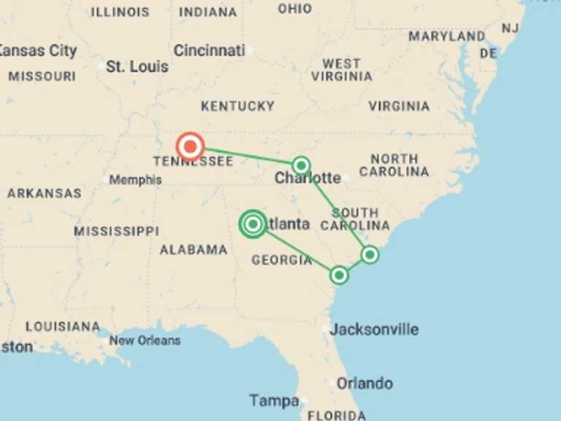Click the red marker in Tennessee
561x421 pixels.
[190, 147]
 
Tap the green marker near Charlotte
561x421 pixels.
[301, 165]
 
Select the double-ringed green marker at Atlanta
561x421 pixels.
[253, 224]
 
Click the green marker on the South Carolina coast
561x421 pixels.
[370, 254]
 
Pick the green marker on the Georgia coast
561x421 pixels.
[339, 275]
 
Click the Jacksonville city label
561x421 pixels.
[374, 329]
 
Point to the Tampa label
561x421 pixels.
[274, 401]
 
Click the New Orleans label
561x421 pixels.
[145, 341]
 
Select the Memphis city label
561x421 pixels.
[135, 180]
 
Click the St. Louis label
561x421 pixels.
[137, 67]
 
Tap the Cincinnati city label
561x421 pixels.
[209, 51]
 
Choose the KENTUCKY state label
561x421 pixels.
[237, 106]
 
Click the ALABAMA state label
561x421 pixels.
[194, 249]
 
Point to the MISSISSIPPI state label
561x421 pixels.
[116, 231]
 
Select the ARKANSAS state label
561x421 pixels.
[44, 194]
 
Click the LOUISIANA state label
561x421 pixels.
[63, 326]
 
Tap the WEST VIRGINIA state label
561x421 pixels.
[341, 69]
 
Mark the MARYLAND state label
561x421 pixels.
[446, 36]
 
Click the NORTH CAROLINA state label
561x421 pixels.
[394, 165]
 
